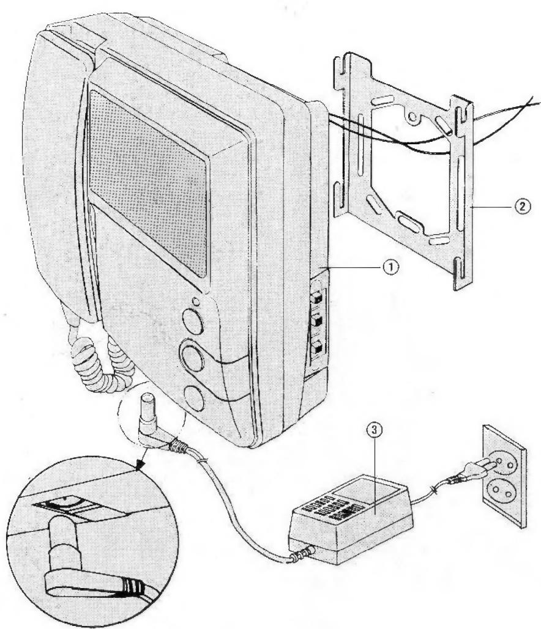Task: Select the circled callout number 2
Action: point(523,207)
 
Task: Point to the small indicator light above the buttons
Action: point(194,300)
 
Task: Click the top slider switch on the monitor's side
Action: point(318,298)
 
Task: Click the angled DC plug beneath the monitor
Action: point(149,422)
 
